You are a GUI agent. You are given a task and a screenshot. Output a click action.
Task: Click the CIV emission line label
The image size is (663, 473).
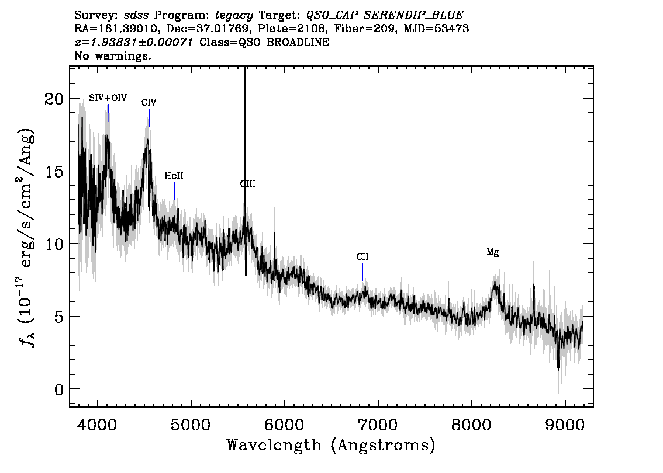pos(149,102)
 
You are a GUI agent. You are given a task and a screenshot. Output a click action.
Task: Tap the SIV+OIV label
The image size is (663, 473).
pos(108,98)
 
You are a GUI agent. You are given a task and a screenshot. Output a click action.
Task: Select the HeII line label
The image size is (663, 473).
pos(174,175)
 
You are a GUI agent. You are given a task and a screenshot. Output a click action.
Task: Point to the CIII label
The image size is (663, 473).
pos(248,184)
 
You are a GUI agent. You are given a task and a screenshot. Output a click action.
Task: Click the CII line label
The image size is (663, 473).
pos(362,257)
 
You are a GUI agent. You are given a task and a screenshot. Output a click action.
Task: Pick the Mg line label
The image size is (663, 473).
pos(493,252)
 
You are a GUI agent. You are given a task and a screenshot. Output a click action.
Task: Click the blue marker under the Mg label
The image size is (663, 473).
pos(493,267)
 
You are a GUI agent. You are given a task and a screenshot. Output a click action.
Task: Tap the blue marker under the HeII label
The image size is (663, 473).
pos(174,190)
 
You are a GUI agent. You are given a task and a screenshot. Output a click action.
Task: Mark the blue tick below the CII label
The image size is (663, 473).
pos(363,272)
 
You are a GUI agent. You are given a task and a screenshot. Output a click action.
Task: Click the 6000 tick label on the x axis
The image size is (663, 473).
pos(285,425)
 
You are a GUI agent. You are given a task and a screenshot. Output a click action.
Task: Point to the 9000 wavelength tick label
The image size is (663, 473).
pos(564,425)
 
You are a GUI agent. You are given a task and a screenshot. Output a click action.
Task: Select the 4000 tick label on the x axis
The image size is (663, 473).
pos(98,425)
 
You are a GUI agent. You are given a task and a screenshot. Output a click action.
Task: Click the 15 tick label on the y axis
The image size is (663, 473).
pos(54,171)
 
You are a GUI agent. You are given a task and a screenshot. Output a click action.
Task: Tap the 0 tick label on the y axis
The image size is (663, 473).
pos(59,389)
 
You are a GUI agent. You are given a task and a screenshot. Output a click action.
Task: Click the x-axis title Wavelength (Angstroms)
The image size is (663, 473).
pos(331,445)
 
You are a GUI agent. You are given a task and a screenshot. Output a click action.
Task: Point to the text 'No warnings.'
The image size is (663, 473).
pos(112,55)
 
